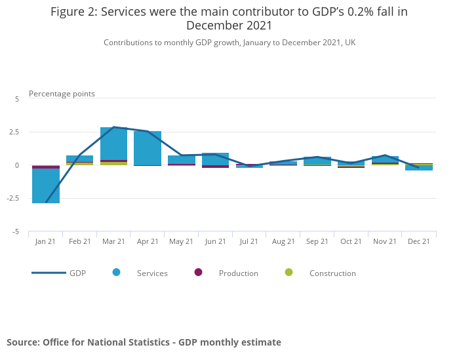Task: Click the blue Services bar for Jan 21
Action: [46, 186]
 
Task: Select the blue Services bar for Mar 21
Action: [113, 144]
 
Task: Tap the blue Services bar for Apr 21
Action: [148, 148]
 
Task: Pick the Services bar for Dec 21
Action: [419, 167]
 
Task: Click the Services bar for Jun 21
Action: [215, 159]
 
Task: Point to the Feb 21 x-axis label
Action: [79, 241]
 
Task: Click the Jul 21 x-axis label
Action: [249, 241]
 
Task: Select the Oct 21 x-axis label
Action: [351, 241]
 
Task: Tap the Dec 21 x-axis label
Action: [419, 241]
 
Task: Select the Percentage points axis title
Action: [62, 94]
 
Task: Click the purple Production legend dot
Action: [199, 272]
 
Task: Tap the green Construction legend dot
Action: [289, 272]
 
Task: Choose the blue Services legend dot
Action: [117, 272]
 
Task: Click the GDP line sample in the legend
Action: [49, 273]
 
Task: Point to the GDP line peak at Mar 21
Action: [113, 127]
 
